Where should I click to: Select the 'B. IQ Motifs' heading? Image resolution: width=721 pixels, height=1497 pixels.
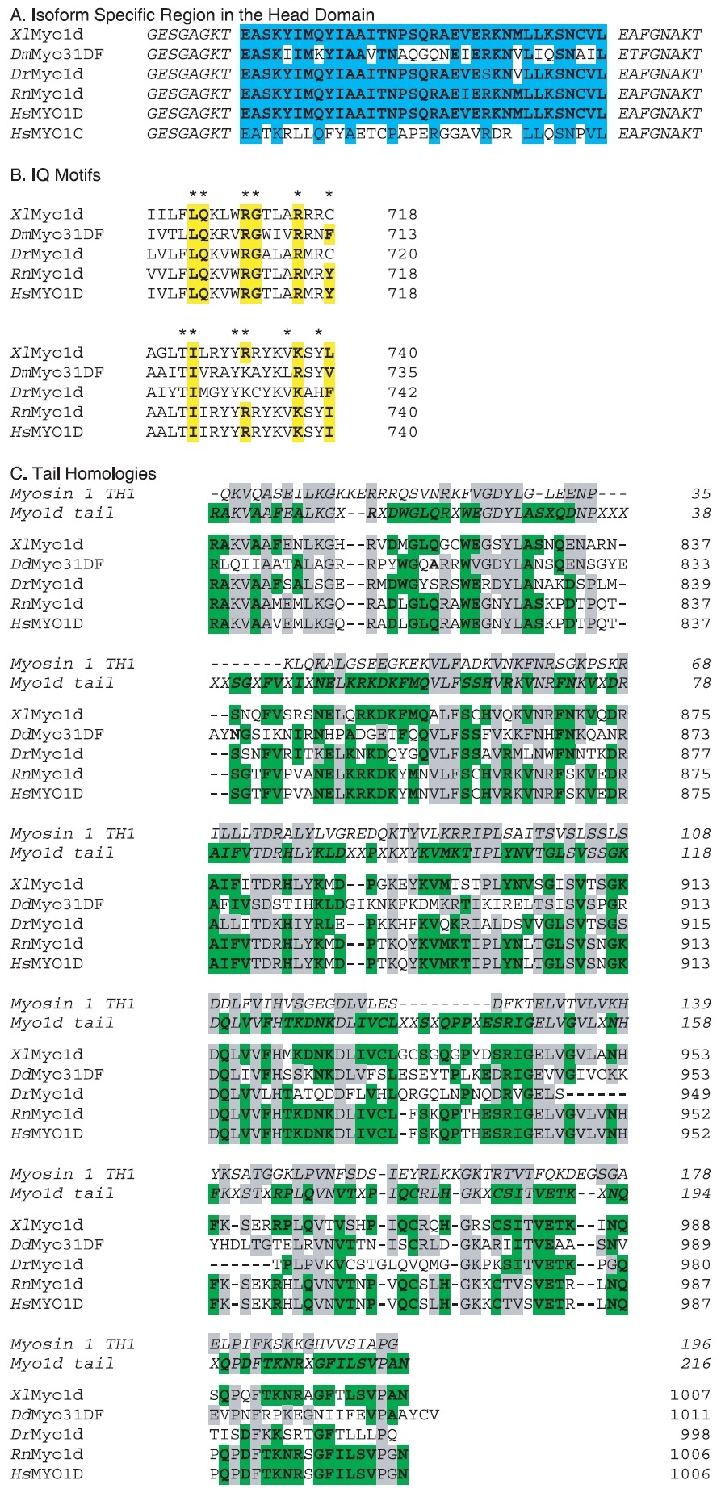[x=56, y=175]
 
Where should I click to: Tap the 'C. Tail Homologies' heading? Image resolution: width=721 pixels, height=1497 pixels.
[x=83, y=473]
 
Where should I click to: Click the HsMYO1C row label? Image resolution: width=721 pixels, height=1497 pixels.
[x=47, y=133]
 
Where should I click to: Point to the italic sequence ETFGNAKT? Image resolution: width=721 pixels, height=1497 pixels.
[x=660, y=54]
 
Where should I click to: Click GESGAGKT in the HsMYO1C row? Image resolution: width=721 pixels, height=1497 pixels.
[x=188, y=133]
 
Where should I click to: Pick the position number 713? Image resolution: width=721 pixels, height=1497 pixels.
[x=402, y=234]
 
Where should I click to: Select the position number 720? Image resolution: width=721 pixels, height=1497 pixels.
[x=402, y=254]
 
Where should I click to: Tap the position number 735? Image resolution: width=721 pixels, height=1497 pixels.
[x=402, y=372]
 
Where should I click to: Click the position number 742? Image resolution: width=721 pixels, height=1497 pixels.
[x=402, y=392]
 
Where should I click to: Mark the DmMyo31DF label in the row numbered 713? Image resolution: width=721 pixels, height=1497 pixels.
[x=57, y=234]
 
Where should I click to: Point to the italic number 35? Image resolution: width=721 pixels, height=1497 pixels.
[x=701, y=493]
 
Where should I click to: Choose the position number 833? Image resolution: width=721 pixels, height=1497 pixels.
[x=695, y=564]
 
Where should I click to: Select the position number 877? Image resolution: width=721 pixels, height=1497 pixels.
[x=695, y=753]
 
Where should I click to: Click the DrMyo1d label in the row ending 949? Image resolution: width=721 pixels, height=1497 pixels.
[x=47, y=1094]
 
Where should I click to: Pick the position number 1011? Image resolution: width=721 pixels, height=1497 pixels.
[x=690, y=1415]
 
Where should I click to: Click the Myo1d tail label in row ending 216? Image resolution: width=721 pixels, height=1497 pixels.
[x=62, y=1364]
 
